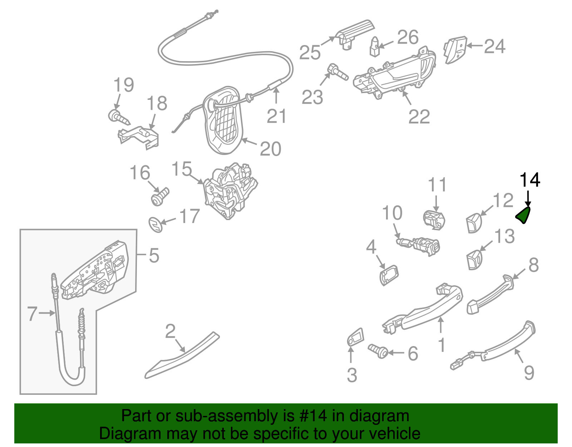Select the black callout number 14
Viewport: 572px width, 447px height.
(x=529, y=180)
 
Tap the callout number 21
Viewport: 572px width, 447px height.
(x=276, y=116)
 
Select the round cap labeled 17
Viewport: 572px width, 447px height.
(x=156, y=224)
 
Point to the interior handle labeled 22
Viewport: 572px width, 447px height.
(x=393, y=77)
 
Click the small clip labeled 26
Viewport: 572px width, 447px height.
(x=374, y=47)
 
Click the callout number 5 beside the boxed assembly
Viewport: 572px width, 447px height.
(x=154, y=256)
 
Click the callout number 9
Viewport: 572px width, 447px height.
(x=529, y=373)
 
